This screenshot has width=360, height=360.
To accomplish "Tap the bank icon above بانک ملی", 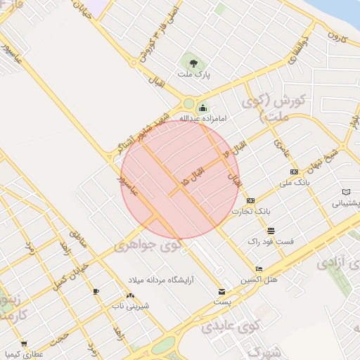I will (294, 172).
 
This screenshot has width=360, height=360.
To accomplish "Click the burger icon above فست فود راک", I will (271, 231).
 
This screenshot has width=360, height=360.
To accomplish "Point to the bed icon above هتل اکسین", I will (259, 269).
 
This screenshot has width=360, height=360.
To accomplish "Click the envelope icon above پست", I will (222, 291).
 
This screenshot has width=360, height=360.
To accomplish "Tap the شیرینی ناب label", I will (128, 307).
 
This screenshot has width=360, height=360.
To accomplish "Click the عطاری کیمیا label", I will (24, 354).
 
